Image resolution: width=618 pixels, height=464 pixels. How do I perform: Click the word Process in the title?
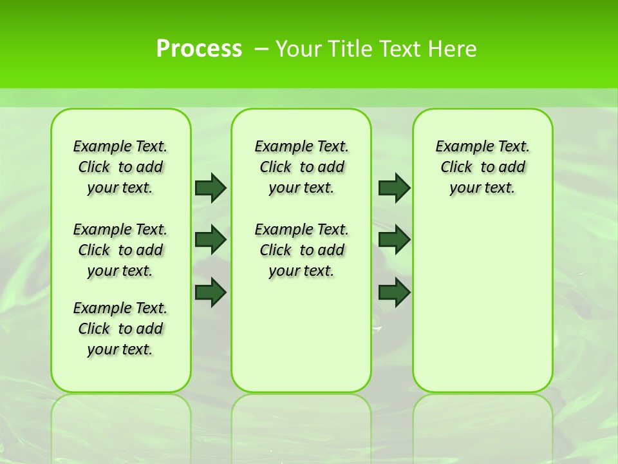click(199, 49)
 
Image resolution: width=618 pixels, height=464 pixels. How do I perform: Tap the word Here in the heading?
click(452, 49)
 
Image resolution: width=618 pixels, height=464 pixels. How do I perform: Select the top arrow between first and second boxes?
click(211, 188)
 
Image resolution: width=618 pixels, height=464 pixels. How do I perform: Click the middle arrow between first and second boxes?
click(211, 240)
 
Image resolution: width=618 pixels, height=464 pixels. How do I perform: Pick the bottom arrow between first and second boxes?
click(211, 292)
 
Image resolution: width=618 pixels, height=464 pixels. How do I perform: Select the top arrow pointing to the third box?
click(394, 188)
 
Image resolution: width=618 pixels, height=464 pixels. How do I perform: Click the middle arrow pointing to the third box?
click(394, 240)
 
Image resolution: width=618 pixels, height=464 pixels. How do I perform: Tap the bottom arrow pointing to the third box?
click(394, 292)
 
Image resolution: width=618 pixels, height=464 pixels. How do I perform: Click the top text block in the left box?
click(120, 167)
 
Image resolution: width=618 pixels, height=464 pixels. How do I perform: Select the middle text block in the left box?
click(120, 250)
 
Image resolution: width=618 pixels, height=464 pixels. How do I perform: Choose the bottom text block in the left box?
click(120, 329)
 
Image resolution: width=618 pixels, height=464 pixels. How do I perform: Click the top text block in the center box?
click(301, 167)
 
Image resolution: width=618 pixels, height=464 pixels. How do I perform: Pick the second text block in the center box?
click(301, 250)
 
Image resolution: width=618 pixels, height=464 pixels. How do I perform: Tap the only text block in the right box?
click(482, 167)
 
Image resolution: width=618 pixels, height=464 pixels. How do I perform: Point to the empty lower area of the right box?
click(482, 309)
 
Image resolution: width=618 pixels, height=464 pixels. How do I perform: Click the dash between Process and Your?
click(261, 49)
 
